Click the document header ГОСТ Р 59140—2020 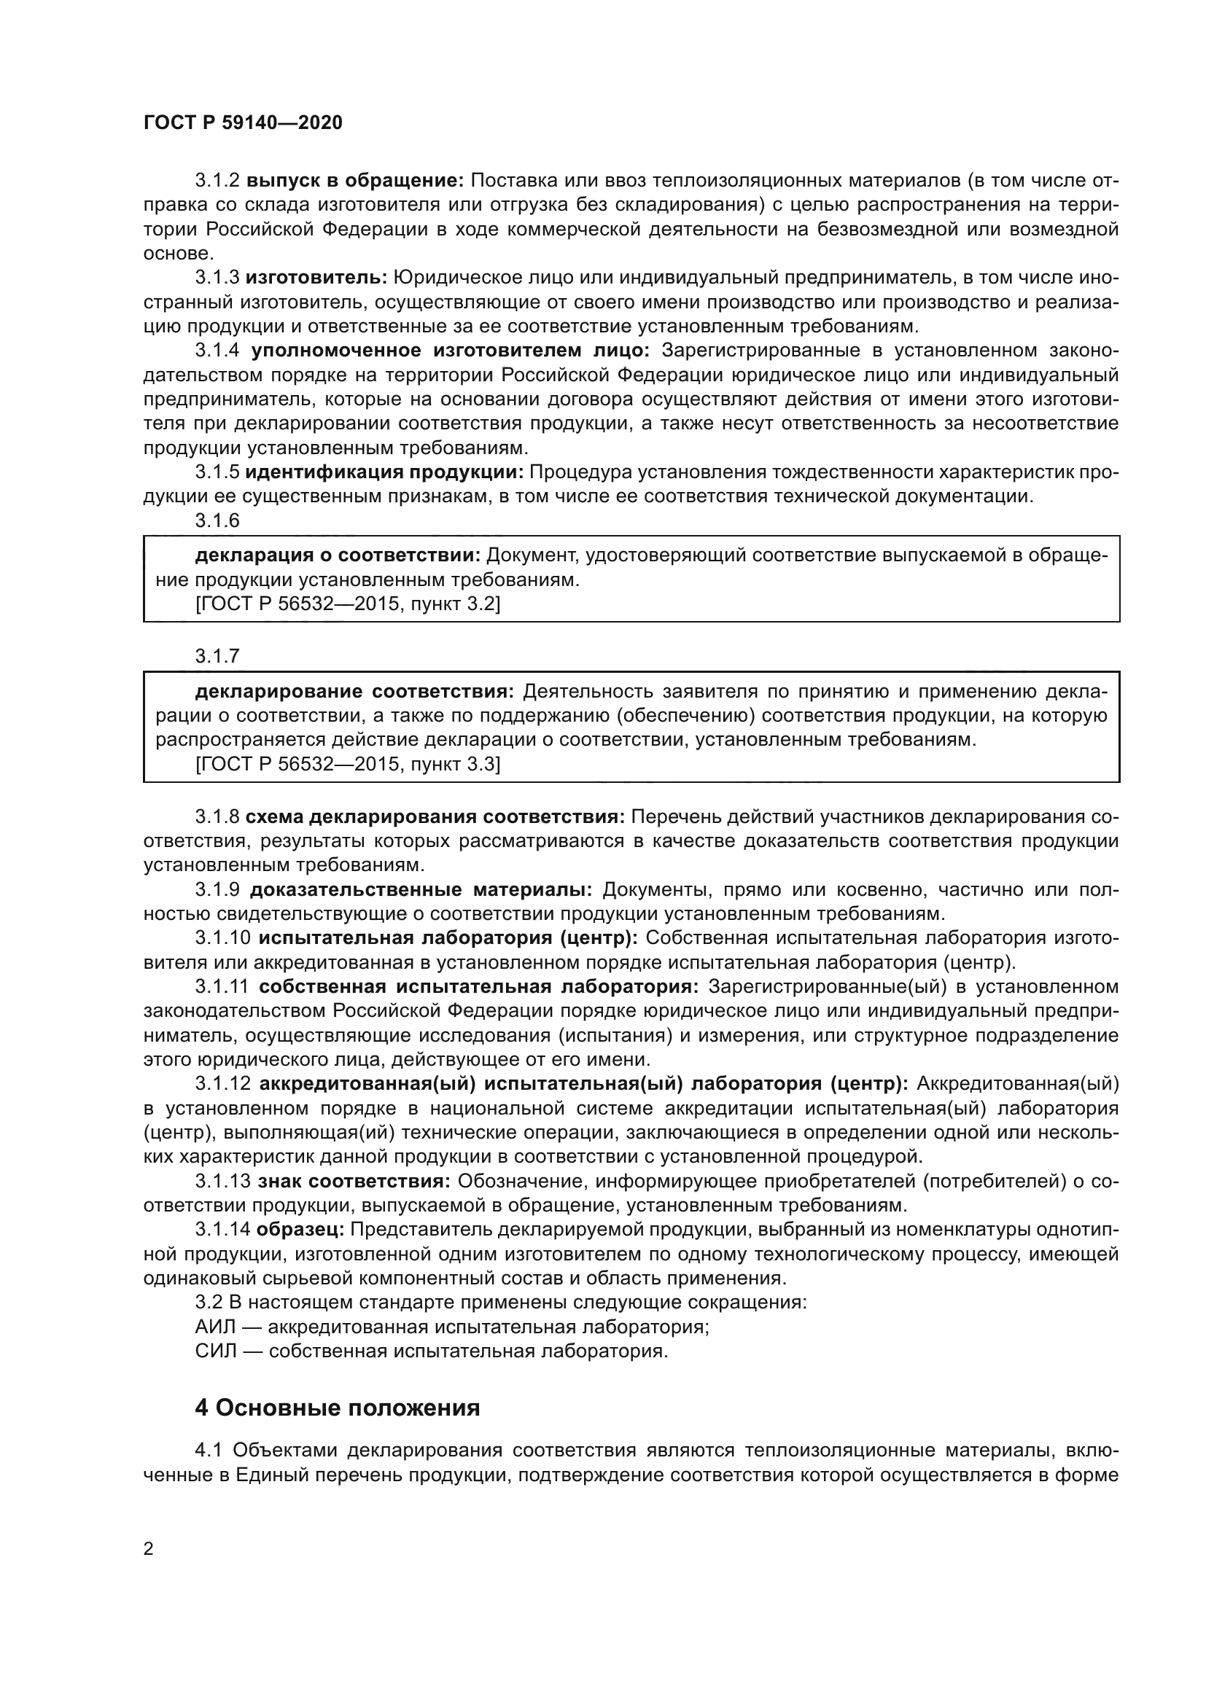pyautogui.click(x=243, y=123)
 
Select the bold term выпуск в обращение pyautogui.click(x=355, y=181)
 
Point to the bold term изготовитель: pyautogui.click(x=316, y=278)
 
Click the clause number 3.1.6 pyautogui.click(x=217, y=520)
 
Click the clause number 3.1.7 pyautogui.click(x=217, y=656)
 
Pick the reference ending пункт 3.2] pyautogui.click(x=348, y=604)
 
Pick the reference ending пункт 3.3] pyautogui.click(x=348, y=764)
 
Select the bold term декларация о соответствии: pyautogui.click(x=338, y=555)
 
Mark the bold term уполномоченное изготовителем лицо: pyautogui.click(x=450, y=351)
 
